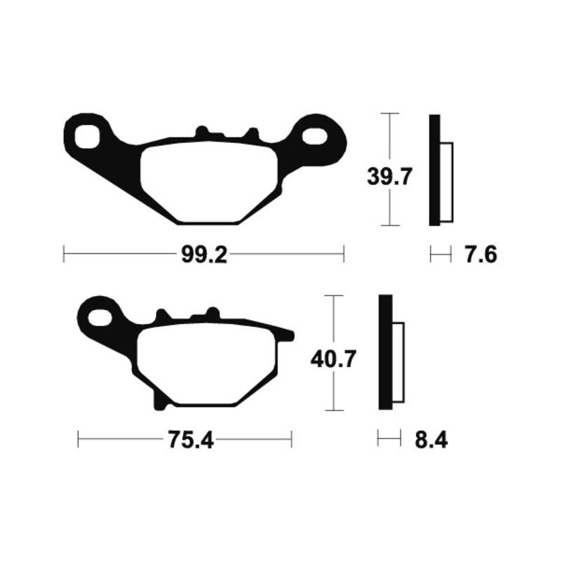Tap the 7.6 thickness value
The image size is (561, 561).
click(x=480, y=255)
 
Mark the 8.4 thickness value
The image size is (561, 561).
click(x=431, y=440)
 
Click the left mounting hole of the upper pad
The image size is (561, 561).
click(x=88, y=135)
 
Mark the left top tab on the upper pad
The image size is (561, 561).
click(x=202, y=132)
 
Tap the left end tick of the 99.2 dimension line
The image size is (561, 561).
click(x=64, y=254)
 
